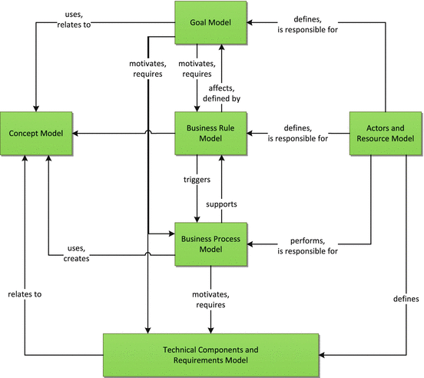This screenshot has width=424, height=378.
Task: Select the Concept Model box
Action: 37,134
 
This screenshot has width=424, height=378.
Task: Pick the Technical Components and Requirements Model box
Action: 210,355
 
